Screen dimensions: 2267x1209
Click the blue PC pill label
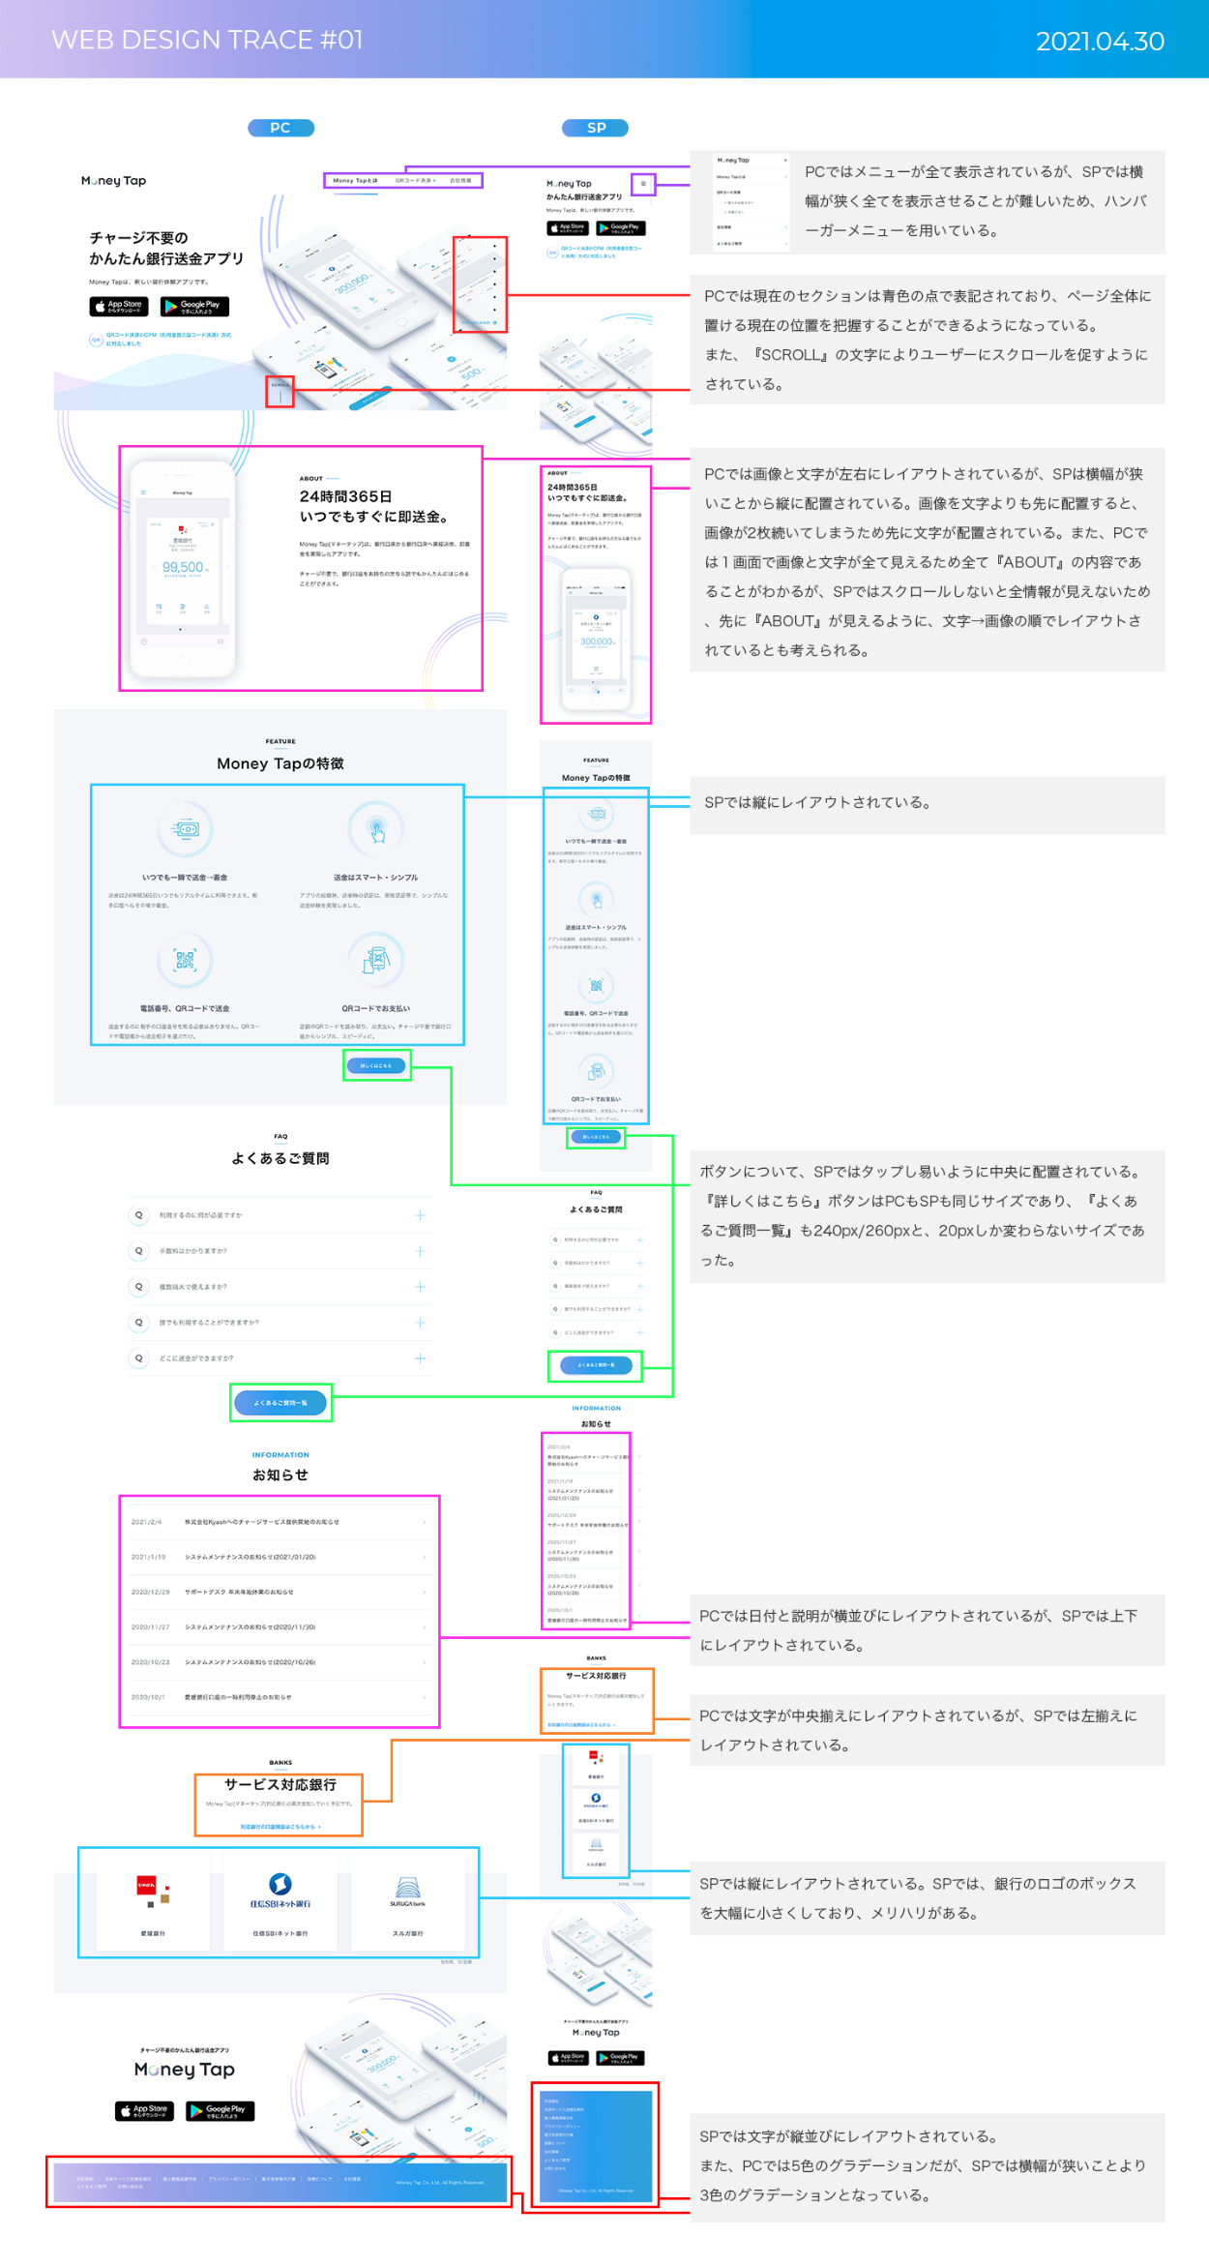tap(280, 128)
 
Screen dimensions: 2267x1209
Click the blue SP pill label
tap(596, 128)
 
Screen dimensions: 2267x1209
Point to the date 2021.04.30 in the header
tap(1100, 42)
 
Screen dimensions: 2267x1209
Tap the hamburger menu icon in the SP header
tap(643, 183)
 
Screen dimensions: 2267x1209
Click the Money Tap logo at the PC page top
tap(114, 181)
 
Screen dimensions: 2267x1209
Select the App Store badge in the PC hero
tap(119, 306)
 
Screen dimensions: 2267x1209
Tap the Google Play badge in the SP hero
tap(621, 228)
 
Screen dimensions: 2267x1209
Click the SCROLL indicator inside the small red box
tap(280, 390)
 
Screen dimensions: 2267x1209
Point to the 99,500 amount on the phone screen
tap(183, 567)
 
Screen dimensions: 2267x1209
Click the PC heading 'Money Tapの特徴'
tap(280, 763)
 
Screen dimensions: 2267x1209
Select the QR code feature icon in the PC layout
tap(185, 959)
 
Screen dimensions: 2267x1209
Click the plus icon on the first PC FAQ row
tap(420, 1215)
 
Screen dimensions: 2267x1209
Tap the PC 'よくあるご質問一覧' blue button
tap(280, 1402)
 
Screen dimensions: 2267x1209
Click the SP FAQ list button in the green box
tap(596, 1365)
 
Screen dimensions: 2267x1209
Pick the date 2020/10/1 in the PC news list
tap(148, 1697)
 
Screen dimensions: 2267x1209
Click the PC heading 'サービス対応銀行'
tap(280, 1784)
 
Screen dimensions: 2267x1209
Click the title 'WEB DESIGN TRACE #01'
tap(207, 40)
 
